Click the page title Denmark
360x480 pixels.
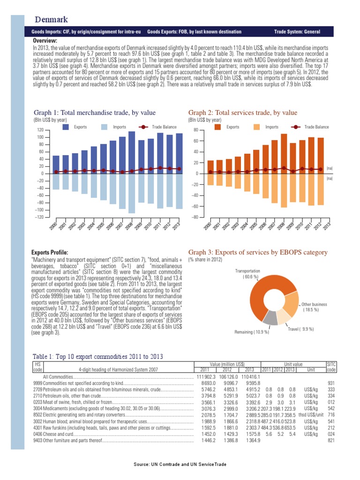[52, 20]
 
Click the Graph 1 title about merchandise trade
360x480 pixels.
[95, 113]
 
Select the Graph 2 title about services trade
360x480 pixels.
[242, 113]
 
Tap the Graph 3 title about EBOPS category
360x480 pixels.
[257, 253]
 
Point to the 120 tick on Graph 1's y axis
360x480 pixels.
[40, 130]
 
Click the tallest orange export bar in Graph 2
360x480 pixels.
[284, 154]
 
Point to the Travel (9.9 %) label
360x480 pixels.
[300, 329]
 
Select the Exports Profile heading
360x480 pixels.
[50, 253]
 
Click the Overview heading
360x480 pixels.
[45, 41]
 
